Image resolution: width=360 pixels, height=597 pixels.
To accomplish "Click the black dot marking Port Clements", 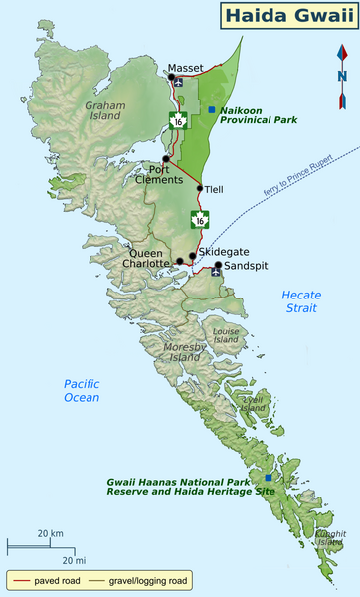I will [166, 159].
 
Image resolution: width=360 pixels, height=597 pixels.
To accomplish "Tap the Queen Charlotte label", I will [148, 259].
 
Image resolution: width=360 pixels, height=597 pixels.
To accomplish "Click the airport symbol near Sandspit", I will [215, 270].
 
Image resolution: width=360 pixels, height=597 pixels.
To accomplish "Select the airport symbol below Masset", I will [177, 83].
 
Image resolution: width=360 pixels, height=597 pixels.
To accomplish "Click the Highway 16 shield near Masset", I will [177, 120].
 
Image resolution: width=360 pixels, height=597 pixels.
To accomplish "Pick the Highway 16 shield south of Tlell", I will [201, 219].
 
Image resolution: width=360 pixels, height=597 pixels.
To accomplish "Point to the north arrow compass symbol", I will [342, 75].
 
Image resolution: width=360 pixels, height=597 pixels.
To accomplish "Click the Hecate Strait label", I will [301, 300].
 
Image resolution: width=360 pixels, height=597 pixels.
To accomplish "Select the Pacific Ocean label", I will [82, 390].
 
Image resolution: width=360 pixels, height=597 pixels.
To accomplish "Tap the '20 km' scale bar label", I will [50, 534].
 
